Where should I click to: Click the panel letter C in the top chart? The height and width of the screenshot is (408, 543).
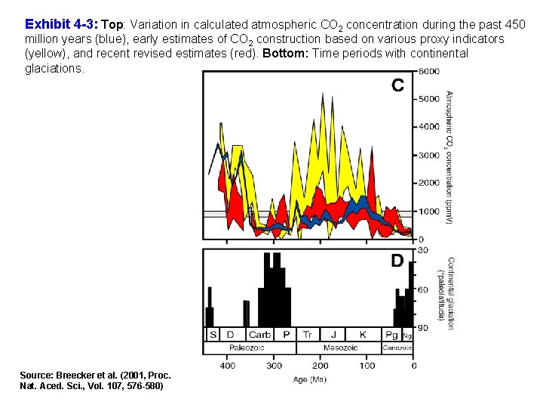pyautogui.click(x=397, y=85)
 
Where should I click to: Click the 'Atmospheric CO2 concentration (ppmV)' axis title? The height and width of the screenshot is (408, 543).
pyautogui.click(x=448, y=157)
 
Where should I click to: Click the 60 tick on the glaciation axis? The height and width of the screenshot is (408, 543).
pyautogui.click(x=423, y=289)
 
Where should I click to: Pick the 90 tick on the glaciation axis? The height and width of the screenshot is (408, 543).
pyautogui.click(x=423, y=328)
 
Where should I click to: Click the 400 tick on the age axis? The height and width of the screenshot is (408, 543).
pyautogui.click(x=227, y=366)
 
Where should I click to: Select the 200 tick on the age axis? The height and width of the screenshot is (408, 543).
pyautogui.click(x=321, y=366)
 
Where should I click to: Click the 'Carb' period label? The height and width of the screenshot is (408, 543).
pyautogui.click(x=259, y=334)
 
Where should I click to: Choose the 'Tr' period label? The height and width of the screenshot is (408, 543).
pyautogui.click(x=307, y=334)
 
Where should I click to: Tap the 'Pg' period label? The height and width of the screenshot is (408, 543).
pyautogui.click(x=391, y=334)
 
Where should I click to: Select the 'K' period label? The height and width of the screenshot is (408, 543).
pyautogui.click(x=363, y=334)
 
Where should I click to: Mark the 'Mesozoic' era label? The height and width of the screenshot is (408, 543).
pyautogui.click(x=340, y=348)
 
